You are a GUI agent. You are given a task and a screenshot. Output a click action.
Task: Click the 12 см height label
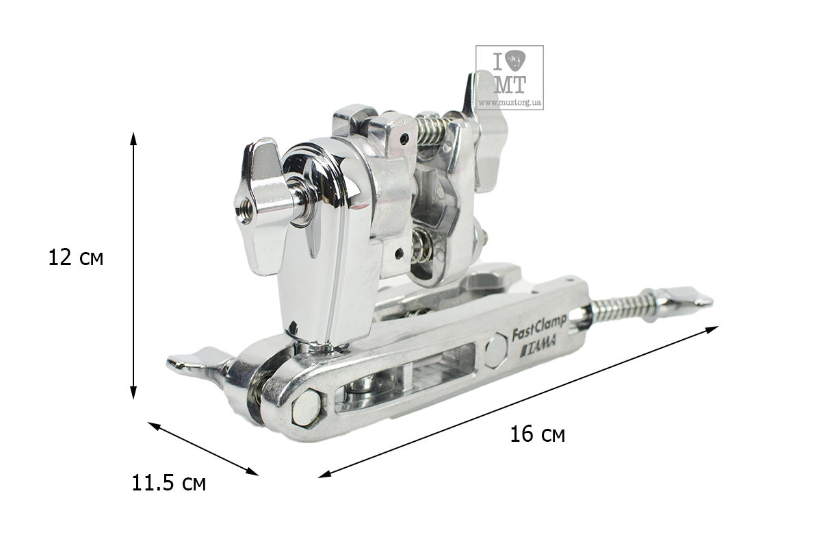pos(76,258)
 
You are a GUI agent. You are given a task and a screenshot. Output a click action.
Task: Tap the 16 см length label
pos(537,434)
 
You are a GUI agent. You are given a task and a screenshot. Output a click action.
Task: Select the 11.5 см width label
pos(168,483)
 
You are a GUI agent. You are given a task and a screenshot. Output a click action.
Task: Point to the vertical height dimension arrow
pos(134,265)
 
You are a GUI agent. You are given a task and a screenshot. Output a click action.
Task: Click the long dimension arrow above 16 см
pos(518,401)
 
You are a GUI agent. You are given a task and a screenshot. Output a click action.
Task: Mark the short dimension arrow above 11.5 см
pos(203,449)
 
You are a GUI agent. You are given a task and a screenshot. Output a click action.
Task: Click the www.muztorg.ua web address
pos(510,102)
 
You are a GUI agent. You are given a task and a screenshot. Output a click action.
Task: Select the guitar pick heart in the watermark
pos(515,60)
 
